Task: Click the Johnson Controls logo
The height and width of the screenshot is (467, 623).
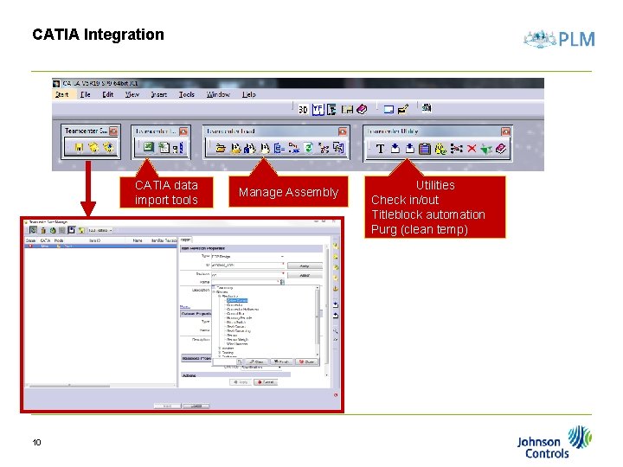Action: point(555,441)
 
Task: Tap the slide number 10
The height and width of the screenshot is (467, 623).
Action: point(37,443)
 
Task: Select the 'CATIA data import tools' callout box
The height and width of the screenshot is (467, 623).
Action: point(166,192)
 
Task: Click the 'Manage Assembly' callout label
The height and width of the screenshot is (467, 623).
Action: point(288,192)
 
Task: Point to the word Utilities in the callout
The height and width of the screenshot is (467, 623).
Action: point(435,185)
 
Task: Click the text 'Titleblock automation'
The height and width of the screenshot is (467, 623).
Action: point(428,214)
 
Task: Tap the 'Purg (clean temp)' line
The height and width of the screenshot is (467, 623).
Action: point(420,229)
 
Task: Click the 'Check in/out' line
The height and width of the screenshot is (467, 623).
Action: point(405,200)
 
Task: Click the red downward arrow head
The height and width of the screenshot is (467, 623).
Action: point(87,208)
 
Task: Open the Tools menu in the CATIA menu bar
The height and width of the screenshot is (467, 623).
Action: point(187,94)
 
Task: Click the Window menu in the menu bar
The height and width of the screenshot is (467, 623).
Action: point(218,94)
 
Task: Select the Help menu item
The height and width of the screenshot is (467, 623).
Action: point(249,94)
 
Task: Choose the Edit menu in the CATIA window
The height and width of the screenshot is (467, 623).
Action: point(108,94)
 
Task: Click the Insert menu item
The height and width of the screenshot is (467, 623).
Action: point(159,94)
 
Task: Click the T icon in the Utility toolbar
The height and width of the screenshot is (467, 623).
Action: point(380,149)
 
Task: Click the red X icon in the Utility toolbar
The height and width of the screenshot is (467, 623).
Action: point(472,149)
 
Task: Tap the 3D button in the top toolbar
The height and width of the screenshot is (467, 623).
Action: point(303,110)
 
